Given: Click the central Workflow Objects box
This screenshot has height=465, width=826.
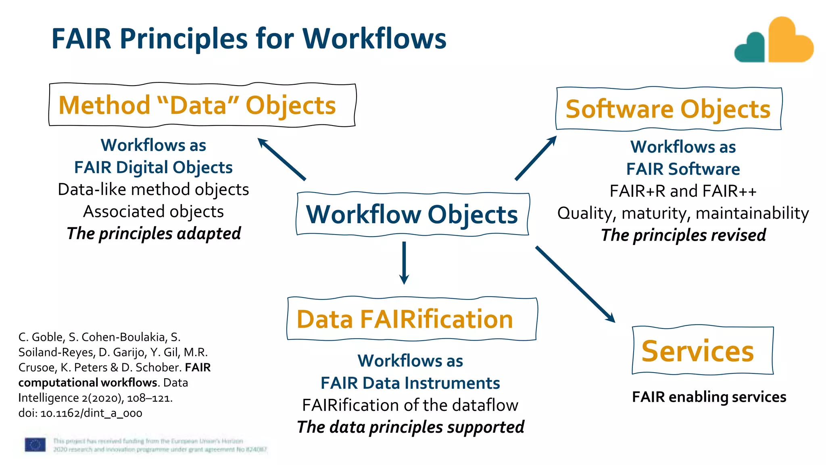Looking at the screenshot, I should click(x=412, y=214).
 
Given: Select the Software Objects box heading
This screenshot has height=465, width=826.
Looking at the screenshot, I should click(x=668, y=109).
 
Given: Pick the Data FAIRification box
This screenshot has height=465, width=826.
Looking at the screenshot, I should click(x=411, y=319).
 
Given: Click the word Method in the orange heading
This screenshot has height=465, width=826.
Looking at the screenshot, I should click(x=104, y=105).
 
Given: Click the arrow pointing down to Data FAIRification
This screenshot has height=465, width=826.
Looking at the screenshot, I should click(x=404, y=262).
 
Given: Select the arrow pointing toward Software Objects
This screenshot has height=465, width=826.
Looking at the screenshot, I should click(x=536, y=158).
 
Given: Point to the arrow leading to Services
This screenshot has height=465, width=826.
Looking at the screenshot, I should click(x=575, y=284).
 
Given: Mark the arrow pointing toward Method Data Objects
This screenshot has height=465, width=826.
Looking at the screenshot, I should click(x=282, y=159).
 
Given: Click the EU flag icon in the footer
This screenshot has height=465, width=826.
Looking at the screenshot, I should click(x=35, y=445).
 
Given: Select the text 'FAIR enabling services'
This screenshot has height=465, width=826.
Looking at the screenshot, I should click(x=709, y=397).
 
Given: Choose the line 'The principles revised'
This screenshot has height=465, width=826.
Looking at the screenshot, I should click(x=683, y=235).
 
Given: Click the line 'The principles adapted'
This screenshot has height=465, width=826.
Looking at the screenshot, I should click(x=154, y=234).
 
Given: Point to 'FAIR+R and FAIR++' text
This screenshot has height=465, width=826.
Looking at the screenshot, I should click(x=683, y=191).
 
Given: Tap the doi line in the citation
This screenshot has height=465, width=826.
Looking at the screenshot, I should click(x=80, y=413).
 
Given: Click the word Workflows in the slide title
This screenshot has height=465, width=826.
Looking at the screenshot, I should click(x=374, y=39).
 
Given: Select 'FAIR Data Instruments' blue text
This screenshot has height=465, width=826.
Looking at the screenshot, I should click(x=410, y=383).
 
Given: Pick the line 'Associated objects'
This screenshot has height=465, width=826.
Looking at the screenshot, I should click(x=154, y=212).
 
